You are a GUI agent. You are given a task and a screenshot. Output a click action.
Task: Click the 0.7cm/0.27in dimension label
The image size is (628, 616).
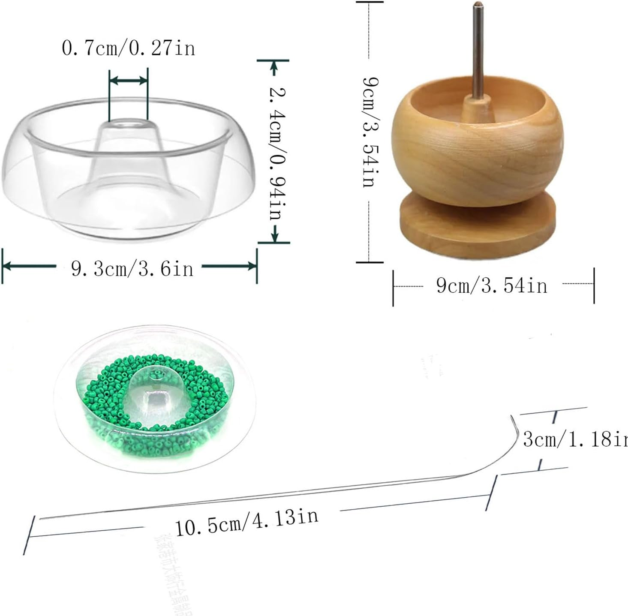128,48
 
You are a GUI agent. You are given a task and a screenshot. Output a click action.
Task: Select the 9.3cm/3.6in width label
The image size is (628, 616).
132,269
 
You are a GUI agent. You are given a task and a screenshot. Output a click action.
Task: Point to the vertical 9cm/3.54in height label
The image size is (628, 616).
370,132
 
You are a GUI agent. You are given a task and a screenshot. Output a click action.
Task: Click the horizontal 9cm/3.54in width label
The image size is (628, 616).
492,285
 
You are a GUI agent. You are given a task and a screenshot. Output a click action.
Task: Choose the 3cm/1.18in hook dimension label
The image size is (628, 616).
574,439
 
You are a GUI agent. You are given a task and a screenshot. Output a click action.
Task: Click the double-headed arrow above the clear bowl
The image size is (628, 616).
128,80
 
